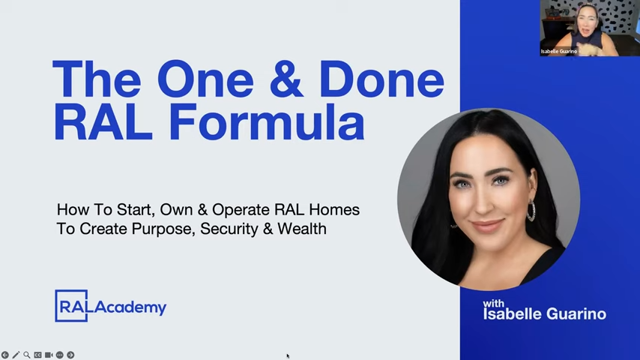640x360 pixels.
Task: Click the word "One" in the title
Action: point(205,79)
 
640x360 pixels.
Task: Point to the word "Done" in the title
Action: point(381,79)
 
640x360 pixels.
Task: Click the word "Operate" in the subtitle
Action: point(241,210)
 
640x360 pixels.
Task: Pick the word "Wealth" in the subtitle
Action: point(302,229)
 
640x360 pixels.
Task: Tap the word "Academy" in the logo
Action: point(130,307)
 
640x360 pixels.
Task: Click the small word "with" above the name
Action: point(493,304)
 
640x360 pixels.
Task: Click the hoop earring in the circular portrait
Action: point(531,210)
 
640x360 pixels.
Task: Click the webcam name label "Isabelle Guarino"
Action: point(559,52)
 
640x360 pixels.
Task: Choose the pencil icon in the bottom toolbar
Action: point(16,355)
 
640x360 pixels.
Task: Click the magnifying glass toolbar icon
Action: point(26,355)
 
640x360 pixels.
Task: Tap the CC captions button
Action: point(37,355)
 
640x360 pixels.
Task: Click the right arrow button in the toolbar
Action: point(70,355)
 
